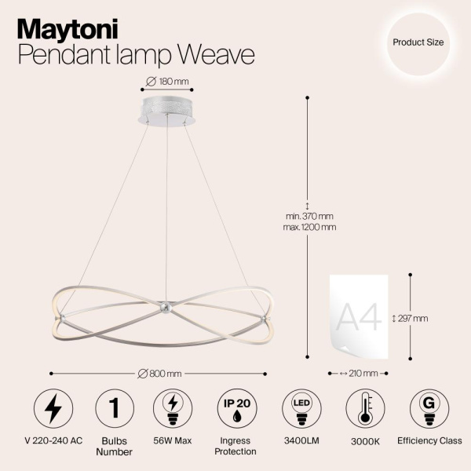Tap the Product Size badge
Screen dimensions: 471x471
click(418, 43)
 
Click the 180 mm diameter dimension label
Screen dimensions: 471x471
click(168, 82)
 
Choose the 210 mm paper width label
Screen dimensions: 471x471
click(360, 374)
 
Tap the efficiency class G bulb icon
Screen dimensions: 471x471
click(429, 409)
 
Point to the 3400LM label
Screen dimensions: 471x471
click(299, 441)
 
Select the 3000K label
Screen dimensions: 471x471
click(364, 441)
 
